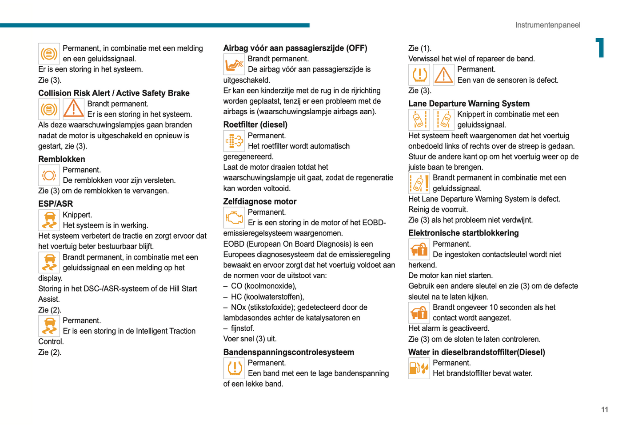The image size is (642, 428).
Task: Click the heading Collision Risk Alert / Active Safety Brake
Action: [x=114, y=93]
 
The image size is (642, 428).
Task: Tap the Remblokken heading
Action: [x=61, y=159]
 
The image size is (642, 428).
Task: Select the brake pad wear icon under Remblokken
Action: [x=49, y=175]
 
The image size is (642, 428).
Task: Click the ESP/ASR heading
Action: [x=56, y=204]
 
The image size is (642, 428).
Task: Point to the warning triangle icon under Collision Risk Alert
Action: [x=73, y=109]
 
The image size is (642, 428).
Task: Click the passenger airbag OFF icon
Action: [x=234, y=64]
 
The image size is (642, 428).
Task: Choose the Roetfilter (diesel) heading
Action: [x=255, y=125]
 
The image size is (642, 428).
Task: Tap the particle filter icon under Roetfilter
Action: [x=234, y=141]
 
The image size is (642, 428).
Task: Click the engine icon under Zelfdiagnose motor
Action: [x=234, y=218]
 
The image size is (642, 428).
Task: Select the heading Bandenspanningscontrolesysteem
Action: [x=288, y=352]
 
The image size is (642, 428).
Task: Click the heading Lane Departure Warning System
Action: [x=469, y=104]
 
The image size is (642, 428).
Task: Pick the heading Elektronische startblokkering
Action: [x=463, y=233]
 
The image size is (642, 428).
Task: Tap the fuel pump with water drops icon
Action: [x=419, y=368]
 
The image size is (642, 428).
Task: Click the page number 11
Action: [x=604, y=410]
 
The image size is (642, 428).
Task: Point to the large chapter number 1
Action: [x=600, y=48]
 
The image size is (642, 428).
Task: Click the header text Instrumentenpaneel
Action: [x=547, y=25]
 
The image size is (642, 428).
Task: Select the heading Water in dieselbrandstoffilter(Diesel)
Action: [x=476, y=352]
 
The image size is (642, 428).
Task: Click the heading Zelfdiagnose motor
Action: [x=259, y=201]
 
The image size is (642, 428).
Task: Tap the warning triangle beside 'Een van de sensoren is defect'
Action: [x=443, y=75]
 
